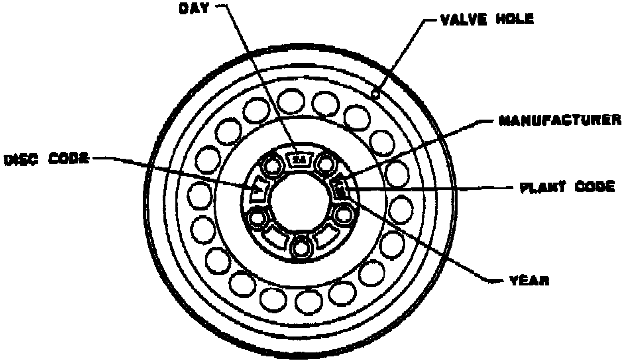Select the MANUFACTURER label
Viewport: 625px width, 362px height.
pyautogui.click(x=560, y=120)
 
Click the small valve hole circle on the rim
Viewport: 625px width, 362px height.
pyautogui.click(x=375, y=94)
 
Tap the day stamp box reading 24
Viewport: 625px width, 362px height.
pyautogui.click(x=299, y=159)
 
